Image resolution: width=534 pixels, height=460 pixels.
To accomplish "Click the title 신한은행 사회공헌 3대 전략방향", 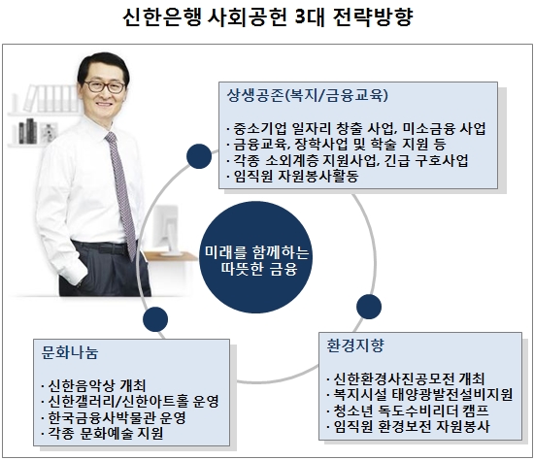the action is point(268,17).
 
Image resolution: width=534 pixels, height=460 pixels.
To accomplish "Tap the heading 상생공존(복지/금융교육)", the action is point(308,95).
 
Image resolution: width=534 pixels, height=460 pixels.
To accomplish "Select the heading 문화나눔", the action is point(70,352).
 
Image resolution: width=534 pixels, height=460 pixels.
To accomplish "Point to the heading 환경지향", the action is point(355,345).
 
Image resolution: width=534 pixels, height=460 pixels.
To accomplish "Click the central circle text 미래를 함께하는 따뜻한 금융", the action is point(256,260).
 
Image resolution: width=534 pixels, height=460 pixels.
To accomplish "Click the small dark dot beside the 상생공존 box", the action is point(199,156).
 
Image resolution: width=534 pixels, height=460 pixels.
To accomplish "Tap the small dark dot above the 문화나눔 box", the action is point(155,319).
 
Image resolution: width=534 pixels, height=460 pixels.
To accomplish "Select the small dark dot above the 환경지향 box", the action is point(369,307).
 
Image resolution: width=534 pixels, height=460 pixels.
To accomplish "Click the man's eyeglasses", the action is point(105,86).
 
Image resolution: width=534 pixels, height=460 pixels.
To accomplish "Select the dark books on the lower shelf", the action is point(28,131).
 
